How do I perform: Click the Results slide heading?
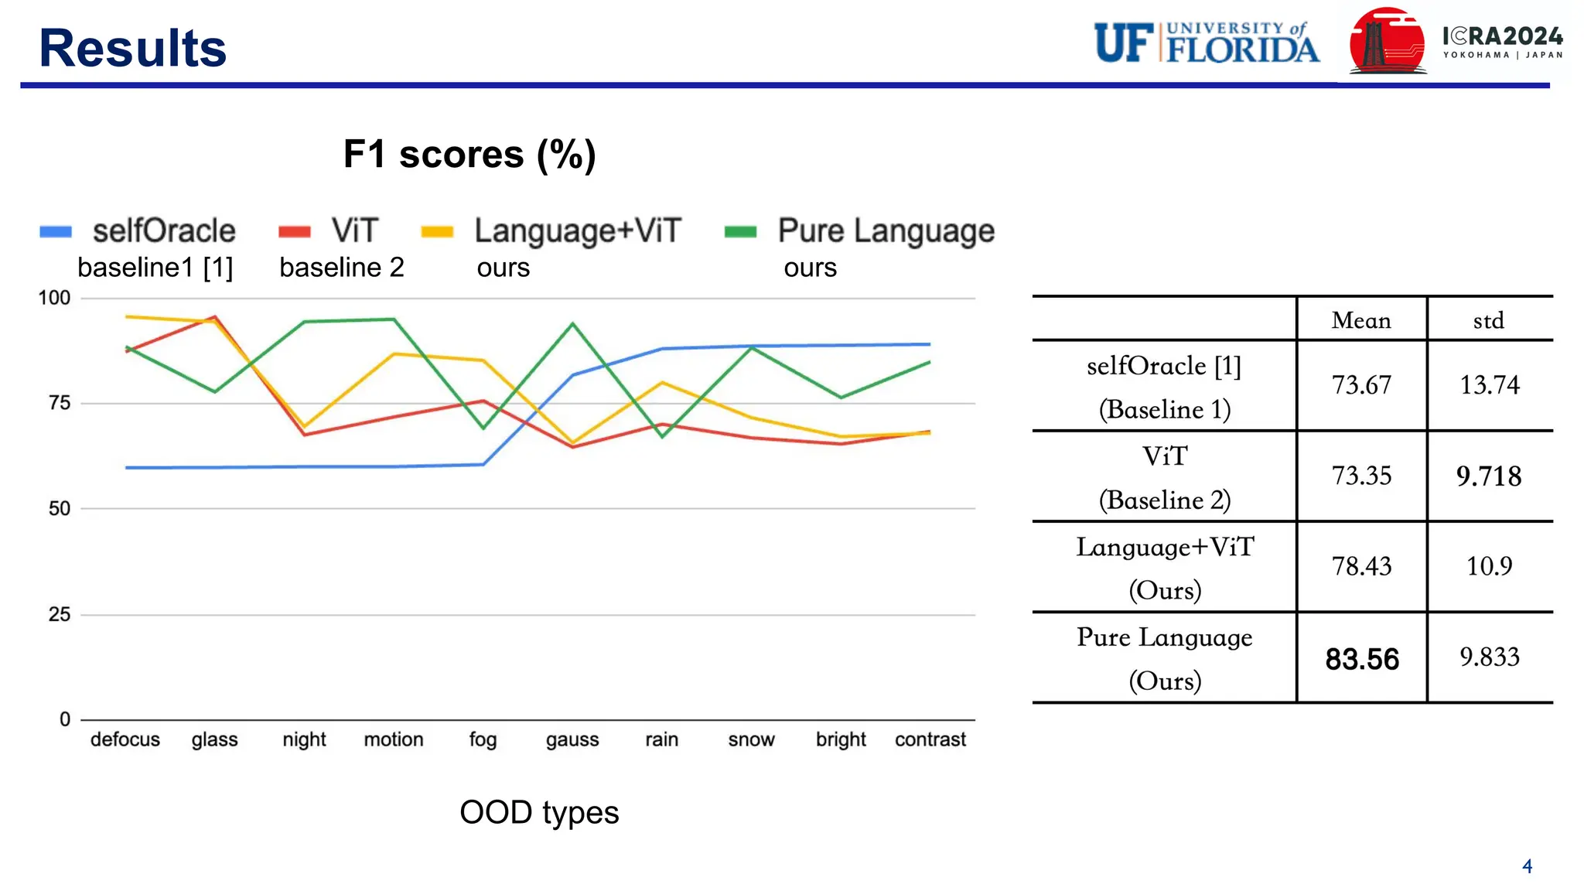point(132,48)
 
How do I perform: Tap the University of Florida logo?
point(1206,43)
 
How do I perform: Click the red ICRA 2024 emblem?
point(1387,43)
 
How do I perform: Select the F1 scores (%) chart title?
point(469,154)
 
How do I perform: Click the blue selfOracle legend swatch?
point(56,232)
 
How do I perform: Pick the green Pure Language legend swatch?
point(740,232)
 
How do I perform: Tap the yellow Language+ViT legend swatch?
point(437,232)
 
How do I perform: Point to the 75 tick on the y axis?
point(60,403)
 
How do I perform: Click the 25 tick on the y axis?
point(60,615)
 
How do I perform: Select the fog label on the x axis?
point(483,739)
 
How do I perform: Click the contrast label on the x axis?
point(930,739)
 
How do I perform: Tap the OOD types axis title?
point(539,813)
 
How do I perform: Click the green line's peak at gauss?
point(572,323)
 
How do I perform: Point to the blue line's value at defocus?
point(126,468)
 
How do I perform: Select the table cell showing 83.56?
point(1362,659)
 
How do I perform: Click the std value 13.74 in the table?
point(1489,385)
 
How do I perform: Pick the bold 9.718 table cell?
point(1489,476)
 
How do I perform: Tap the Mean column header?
point(1361,320)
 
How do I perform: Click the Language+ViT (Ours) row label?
point(1165,568)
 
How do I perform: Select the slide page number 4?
point(1527,866)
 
